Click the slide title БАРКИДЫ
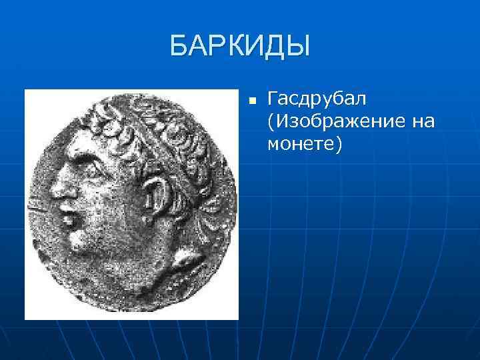[x=240, y=47]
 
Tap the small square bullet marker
[x=251, y=101]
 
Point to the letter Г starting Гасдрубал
[x=272, y=100]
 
